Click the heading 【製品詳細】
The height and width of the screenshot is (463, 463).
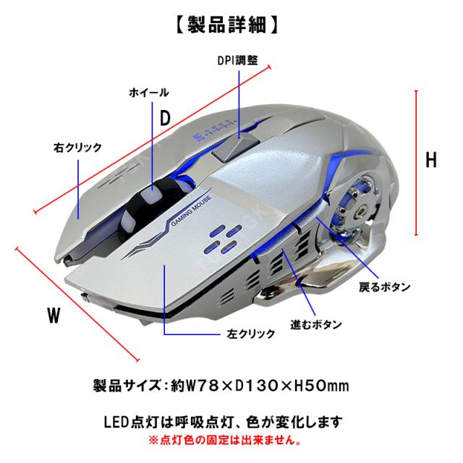[x=226, y=25]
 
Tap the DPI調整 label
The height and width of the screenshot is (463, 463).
[x=238, y=61]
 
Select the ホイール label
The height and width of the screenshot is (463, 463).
[x=149, y=93]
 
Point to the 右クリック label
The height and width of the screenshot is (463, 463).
[x=77, y=148]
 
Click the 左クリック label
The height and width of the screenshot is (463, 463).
[x=251, y=334]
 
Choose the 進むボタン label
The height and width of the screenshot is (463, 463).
[x=316, y=325]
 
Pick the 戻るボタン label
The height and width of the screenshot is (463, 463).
[x=385, y=286]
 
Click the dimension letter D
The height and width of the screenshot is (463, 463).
[x=165, y=118]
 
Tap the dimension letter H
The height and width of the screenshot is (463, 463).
[x=431, y=160]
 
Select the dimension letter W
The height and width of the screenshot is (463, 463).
[x=54, y=315]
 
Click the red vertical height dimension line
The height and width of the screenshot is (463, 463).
[x=417, y=163]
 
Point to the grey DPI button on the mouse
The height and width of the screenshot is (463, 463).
[x=236, y=147]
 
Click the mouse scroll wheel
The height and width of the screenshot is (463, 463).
[x=147, y=205]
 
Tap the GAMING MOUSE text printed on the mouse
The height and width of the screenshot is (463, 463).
[x=191, y=211]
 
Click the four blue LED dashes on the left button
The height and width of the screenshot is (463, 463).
[x=224, y=239]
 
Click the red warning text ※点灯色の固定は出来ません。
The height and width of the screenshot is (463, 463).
[x=225, y=441]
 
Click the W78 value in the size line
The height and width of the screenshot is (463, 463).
[x=201, y=386]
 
